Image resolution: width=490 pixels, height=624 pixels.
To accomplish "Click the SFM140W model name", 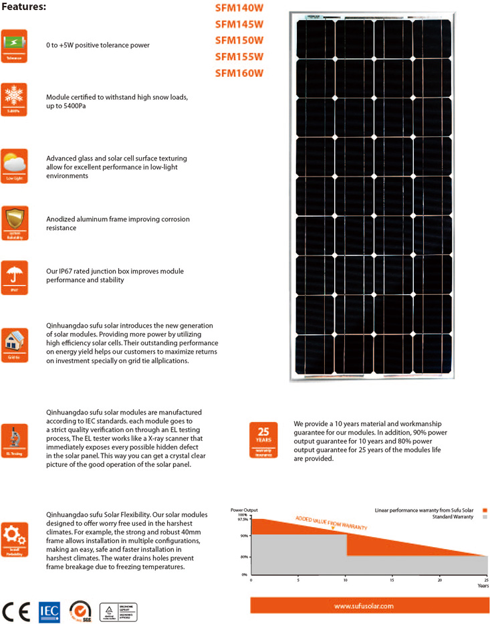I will coord(239,9).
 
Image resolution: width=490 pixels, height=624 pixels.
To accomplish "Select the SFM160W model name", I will coord(239,73).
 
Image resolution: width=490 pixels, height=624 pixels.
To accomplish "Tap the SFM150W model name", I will coord(239,41).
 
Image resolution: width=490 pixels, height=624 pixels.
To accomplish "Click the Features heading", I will coord(23,7).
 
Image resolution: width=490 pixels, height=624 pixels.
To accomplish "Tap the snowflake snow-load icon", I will coord(14,100).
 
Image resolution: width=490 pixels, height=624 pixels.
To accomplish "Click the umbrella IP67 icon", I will coord(14,277).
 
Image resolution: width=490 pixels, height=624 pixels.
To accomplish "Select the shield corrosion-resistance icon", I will coord(14,222).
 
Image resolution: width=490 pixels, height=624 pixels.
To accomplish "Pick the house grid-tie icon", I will coord(14,344).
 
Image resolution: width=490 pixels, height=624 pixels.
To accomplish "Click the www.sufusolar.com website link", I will coord(364,606).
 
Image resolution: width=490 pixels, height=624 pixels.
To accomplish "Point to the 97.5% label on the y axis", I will coord(242,519).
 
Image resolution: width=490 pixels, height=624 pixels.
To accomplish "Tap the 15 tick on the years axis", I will coord(392,580).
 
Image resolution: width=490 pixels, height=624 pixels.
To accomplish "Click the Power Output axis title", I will coord(244,510).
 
